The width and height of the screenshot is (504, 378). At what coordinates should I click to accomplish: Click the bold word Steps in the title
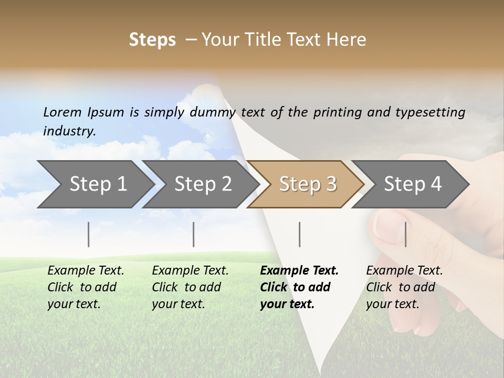point(152,40)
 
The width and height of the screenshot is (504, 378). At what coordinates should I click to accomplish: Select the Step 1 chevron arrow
point(94,184)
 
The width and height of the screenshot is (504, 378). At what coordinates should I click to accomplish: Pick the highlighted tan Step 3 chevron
point(307,184)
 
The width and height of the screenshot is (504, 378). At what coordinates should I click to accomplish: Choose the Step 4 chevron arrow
point(412,184)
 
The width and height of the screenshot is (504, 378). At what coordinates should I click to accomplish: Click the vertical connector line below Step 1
point(89,234)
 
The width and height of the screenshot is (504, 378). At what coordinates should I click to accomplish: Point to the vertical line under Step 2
point(194,234)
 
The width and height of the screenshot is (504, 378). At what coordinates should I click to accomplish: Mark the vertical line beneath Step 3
point(300,234)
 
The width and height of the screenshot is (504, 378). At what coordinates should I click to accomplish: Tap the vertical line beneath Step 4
point(406,234)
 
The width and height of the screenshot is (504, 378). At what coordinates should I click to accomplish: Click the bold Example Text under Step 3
point(299,287)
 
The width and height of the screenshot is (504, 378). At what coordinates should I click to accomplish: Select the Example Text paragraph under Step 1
point(86,287)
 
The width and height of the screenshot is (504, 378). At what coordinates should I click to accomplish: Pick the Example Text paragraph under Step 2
point(190,287)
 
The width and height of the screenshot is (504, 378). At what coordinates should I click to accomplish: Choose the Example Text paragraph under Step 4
point(404,287)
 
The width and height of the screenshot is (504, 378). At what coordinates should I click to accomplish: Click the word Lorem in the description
point(62,112)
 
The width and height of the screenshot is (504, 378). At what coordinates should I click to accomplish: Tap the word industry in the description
point(69,131)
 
